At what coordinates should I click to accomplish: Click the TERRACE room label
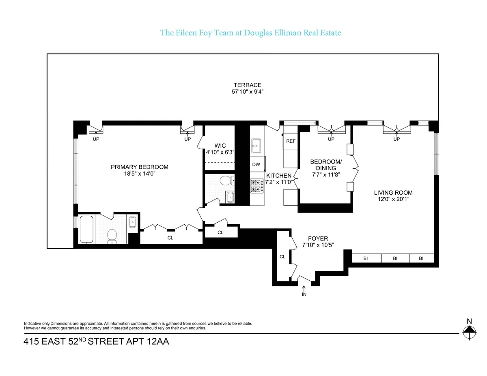(250, 85)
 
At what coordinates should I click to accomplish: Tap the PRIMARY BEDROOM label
(140, 167)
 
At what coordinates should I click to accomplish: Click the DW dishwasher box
(256, 164)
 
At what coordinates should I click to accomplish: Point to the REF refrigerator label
(291, 141)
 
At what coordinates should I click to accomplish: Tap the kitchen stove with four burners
(257, 186)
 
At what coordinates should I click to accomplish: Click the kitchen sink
(256, 144)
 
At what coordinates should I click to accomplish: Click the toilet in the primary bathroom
(112, 236)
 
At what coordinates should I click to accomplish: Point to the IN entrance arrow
(304, 289)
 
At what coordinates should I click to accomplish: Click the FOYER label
(318, 239)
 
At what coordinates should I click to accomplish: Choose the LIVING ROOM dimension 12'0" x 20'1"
(393, 199)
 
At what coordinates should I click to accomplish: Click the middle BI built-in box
(395, 258)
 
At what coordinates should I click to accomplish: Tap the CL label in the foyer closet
(282, 257)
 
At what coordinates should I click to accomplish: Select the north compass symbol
(469, 333)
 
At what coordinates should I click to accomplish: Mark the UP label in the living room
(396, 139)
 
